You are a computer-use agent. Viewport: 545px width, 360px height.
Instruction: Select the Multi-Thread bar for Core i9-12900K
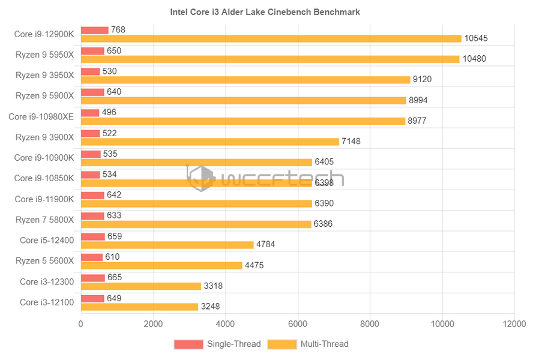271,38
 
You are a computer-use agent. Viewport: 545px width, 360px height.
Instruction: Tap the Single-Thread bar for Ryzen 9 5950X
92,51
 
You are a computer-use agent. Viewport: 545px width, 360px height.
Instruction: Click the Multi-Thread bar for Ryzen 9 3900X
209,142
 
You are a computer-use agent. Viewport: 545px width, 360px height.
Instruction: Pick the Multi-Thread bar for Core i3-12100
139,307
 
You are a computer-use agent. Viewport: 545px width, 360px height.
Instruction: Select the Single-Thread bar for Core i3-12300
92,278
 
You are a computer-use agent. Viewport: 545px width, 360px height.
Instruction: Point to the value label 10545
476,38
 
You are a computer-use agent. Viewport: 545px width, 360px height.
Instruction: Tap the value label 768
118,30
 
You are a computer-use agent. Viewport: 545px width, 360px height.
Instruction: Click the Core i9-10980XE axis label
41,116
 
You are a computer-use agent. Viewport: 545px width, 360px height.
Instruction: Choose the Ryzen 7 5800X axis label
44,220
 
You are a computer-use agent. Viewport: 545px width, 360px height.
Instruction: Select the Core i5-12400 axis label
47,240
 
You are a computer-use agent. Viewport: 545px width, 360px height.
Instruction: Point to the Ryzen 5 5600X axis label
44,260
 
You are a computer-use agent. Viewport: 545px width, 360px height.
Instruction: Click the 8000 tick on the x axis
370,324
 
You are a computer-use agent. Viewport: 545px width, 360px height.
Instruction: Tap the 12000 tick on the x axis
514,324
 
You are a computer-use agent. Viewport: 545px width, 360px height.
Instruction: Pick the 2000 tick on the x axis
153,324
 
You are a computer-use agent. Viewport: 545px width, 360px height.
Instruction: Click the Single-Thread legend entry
217,344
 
